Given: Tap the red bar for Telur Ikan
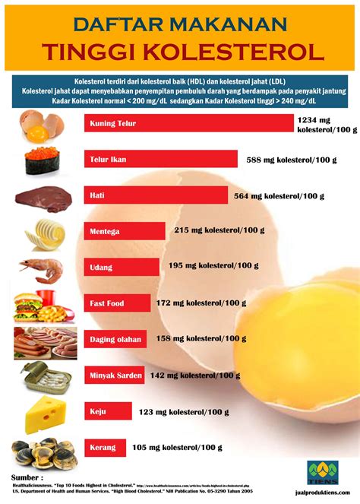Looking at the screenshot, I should [x=159, y=160].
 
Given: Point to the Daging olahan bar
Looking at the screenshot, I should [x=115, y=338].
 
